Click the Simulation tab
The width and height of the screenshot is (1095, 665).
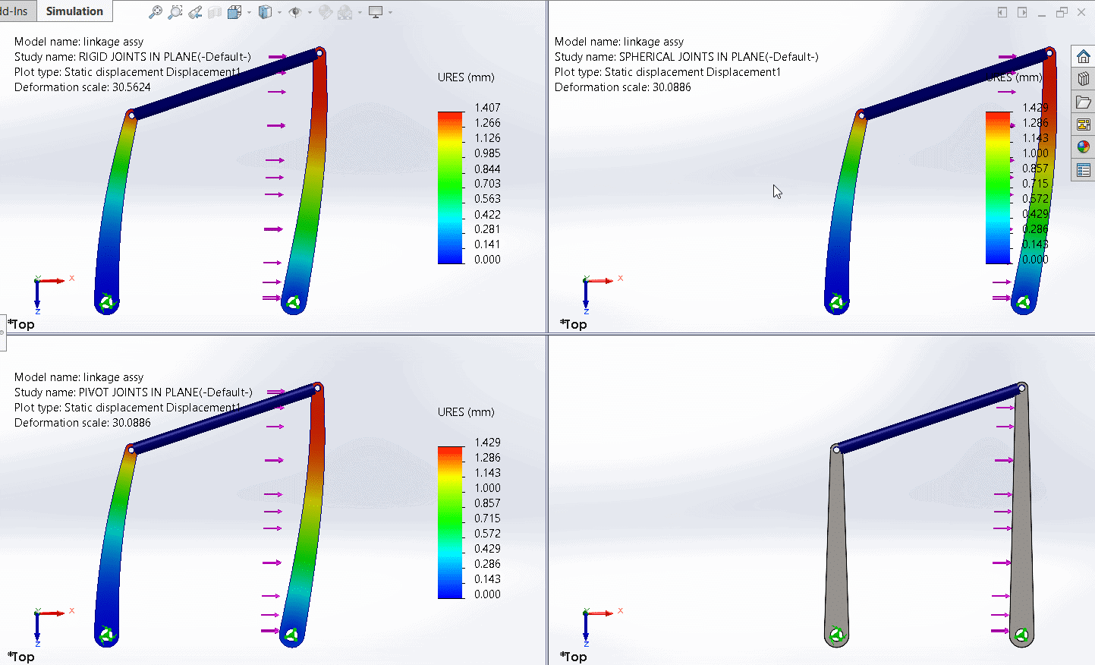click(74, 11)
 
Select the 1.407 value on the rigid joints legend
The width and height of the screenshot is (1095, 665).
click(487, 108)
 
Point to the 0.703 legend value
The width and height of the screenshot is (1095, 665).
click(487, 184)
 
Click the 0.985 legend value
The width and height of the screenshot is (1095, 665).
click(487, 153)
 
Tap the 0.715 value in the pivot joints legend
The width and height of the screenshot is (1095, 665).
click(487, 518)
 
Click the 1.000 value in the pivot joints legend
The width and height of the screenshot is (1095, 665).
click(487, 488)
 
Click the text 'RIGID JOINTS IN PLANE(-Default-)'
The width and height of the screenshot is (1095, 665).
click(165, 57)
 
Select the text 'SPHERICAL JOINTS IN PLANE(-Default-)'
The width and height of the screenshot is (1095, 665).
click(719, 57)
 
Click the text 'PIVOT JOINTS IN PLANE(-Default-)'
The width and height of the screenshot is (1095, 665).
click(165, 392)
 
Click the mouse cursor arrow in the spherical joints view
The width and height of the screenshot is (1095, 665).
click(777, 191)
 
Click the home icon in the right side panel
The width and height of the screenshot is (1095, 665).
click(1083, 57)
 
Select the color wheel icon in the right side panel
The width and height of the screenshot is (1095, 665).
click(1083, 147)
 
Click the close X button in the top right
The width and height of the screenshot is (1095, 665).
click(1081, 12)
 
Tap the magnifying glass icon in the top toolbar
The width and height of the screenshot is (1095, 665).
click(156, 12)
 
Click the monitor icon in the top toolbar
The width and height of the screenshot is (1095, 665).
click(375, 12)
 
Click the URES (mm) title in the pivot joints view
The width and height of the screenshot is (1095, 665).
click(466, 412)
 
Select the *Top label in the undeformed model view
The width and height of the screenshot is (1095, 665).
click(574, 657)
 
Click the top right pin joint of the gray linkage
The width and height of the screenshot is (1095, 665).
click(1021, 388)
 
